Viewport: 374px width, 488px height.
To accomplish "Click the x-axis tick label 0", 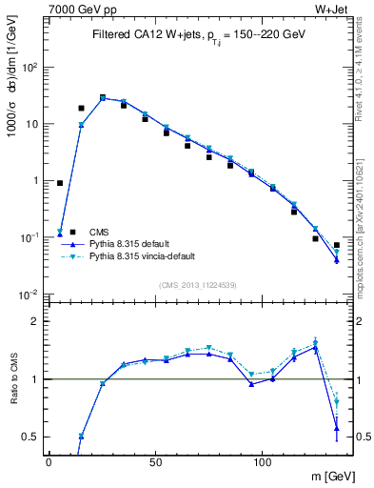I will tap(49, 461).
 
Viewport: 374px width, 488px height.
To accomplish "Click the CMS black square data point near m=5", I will tap(60, 183).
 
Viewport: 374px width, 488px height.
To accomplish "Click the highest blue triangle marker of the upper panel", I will tap(103, 97).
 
